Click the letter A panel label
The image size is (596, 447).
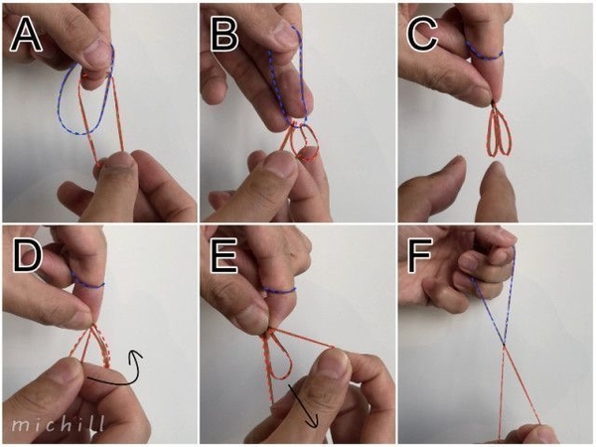tap(26, 35)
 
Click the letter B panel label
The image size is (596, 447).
tap(224, 35)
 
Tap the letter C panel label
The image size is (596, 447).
tap(423, 35)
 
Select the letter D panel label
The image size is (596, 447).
tap(27, 255)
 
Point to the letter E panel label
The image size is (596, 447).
tap(223, 255)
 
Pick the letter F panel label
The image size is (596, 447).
tap(419, 255)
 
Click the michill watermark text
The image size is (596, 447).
tap(58, 423)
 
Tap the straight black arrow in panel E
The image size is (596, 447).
tap(303, 406)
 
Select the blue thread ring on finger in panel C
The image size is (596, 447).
tap(485, 57)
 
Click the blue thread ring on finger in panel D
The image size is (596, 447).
tap(88, 286)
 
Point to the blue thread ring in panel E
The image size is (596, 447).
tap(280, 291)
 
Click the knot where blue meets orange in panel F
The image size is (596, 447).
tap(504, 345)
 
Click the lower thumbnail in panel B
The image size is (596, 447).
tap(281, 166)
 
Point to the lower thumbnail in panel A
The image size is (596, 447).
tap(118, 162)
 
